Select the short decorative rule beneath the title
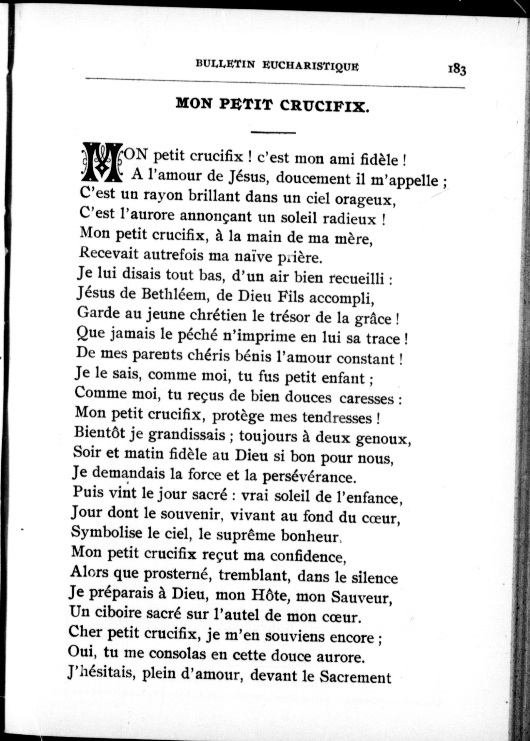pos(273,132)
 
